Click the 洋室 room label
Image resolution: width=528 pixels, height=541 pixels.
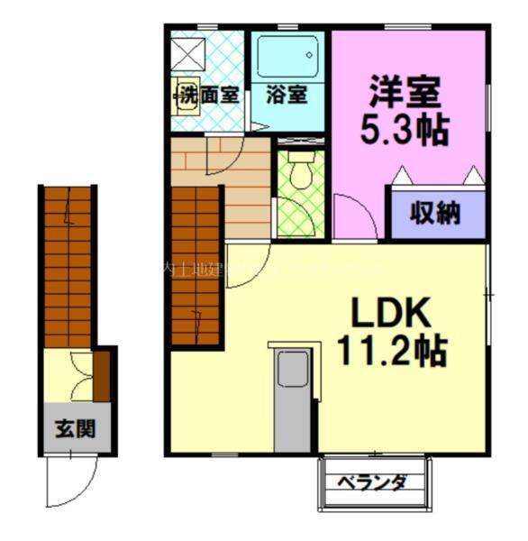[403, 93]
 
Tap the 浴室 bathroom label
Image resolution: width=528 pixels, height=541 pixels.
[288, 94]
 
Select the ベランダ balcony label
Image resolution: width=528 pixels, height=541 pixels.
[371, 482]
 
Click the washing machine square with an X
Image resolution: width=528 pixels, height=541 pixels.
[189, 54]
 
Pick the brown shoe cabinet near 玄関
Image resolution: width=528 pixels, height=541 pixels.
[102, 377]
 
